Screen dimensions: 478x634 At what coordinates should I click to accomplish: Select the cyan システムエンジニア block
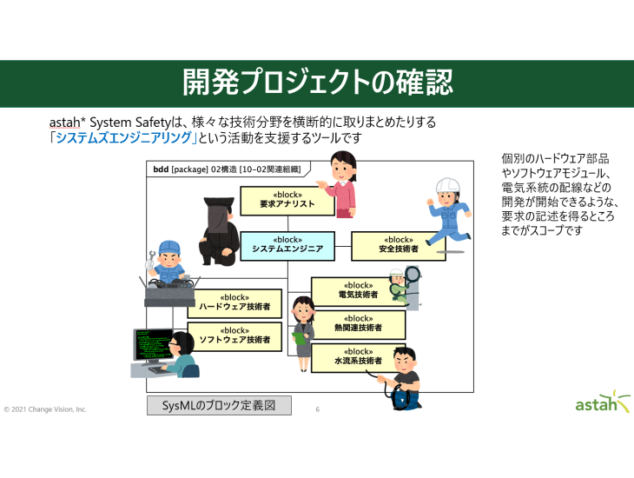287,244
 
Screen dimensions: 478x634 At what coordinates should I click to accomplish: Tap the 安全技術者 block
398,245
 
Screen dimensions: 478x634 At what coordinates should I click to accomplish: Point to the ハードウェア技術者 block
234,302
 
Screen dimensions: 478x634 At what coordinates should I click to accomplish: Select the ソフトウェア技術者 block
234,335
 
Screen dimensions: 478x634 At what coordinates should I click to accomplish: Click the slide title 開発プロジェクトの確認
317,83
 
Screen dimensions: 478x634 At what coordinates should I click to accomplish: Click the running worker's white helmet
446,185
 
